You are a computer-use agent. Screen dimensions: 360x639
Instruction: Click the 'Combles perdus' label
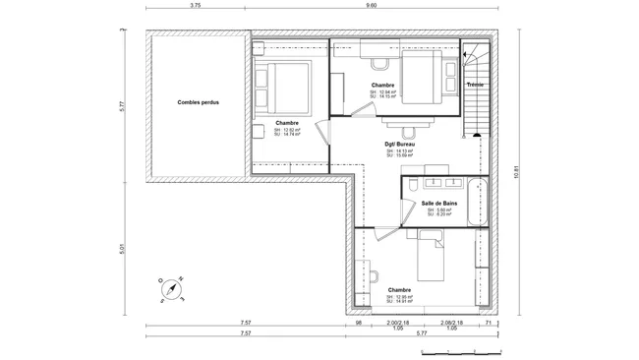[199, 102]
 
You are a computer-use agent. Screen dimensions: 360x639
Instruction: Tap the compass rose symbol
[171, 286]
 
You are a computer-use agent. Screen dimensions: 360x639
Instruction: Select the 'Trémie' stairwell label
[476, 85]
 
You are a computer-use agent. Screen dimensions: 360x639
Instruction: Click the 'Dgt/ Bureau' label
[400, 144]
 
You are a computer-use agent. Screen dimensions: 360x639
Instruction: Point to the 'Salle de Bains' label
[437, 204]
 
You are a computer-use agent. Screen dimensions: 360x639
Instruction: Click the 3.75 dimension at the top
[196, 6]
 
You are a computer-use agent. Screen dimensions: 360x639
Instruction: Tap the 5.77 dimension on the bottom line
[421, 334]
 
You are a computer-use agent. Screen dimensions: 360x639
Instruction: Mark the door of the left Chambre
[322, 136]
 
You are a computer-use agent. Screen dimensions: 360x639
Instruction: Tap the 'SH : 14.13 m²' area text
[400, 150]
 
